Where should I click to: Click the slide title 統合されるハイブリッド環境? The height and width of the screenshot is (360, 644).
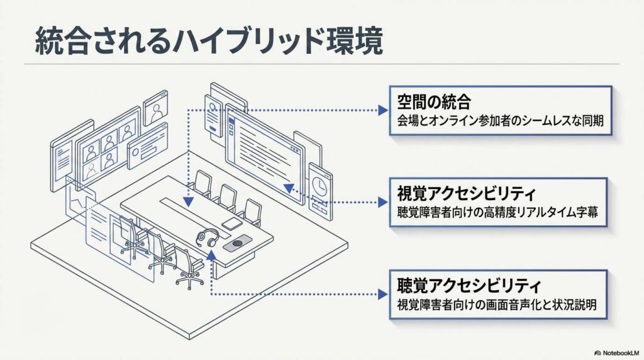point(209,41)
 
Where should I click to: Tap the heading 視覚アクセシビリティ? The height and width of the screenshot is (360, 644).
point(466,193)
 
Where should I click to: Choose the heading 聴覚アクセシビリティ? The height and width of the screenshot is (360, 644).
point(469,285)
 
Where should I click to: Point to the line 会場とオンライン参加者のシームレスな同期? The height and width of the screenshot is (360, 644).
point(500,121)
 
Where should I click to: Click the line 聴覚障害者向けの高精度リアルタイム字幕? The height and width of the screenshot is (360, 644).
point(497,213)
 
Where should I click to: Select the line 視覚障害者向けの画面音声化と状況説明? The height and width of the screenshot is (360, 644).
point(497,305)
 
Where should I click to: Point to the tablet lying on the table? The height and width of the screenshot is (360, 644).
point(232,224)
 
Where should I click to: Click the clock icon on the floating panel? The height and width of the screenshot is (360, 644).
point(319,184)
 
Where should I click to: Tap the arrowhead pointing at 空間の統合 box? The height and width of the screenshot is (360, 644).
point(383,110)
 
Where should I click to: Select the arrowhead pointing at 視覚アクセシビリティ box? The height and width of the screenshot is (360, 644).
point(383,202)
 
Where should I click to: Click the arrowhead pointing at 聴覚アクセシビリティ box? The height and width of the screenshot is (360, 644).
point(383,295)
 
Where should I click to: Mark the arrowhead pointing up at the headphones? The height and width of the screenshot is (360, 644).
point(211,254)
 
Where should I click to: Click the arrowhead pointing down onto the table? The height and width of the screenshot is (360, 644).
point(188,201)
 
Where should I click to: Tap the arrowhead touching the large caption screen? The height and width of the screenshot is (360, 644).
point(288,188)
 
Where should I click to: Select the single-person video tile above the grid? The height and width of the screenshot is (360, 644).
point(156,108)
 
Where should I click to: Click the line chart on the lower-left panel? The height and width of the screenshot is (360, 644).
point(77,201)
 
